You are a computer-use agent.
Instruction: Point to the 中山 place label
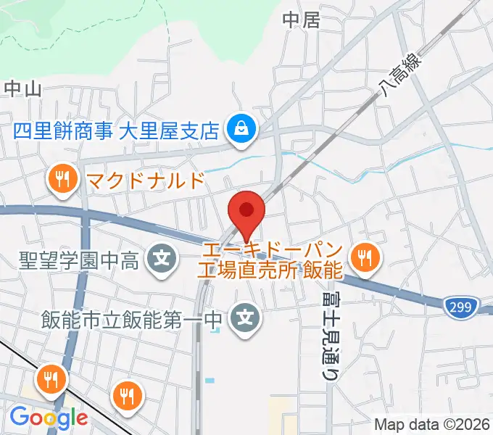click(x=22, y=88)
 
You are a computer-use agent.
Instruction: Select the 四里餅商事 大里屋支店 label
click(x=117, y=130)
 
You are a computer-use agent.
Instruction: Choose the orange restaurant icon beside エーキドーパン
click(x=362, y=257)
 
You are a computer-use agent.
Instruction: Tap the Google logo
click(x=49, y=417)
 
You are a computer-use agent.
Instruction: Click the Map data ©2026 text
click(x=432, y=424)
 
